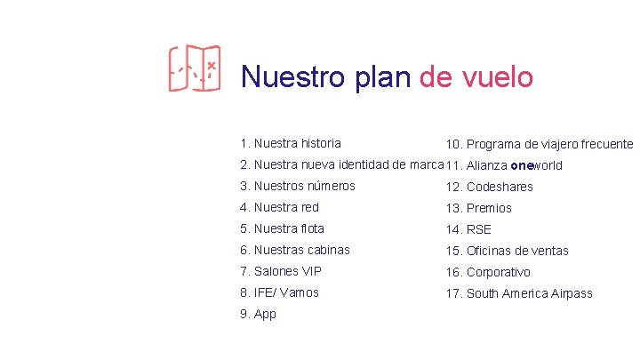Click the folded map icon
coord(194,68)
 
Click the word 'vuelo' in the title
coord(498,77)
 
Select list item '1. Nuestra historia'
coord(290,143)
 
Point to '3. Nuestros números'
coord(297,186)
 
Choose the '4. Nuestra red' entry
coord(279,207)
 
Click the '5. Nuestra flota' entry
coord(282,228)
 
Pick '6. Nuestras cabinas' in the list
coord(294,250)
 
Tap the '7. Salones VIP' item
coord(280,271)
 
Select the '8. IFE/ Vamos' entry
coord(279,292)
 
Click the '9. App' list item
coord(258,314)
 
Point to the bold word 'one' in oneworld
coord(521,165)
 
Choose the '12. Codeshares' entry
coord(489,187)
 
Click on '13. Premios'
coord(478,208)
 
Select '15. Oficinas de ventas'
coord(507,251)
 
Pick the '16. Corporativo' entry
coord(487,272)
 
